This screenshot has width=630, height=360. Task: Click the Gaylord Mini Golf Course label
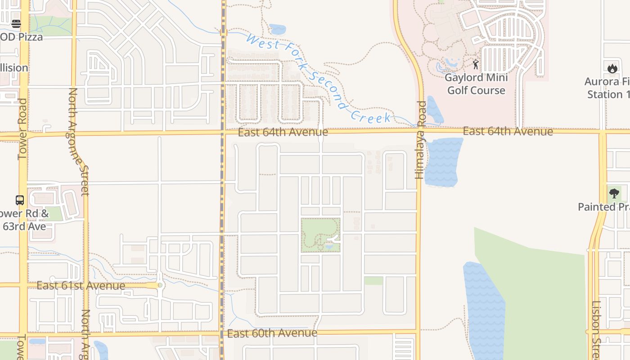click(x=476, y=84)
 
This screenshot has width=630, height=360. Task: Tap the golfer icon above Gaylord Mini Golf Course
click(x=476, y=64)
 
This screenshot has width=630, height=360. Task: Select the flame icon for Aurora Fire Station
click(x=612, y=68)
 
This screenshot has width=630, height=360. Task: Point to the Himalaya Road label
click(x=420, y=140)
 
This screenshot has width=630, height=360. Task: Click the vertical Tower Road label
click(x=22, y=129)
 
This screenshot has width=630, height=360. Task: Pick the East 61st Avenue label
click(x=81, y=286)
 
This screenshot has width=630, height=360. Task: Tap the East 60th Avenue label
click(x=272, y=333)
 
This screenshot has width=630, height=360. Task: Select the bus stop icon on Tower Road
click(x=20, y=200)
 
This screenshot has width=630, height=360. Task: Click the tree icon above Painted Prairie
click(x=614, y=194)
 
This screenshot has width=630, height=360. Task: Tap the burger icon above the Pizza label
click(x=16, y=24)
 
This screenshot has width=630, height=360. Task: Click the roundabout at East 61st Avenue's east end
click(x=160, y=285)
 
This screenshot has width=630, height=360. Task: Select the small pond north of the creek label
click(x=278, y=30)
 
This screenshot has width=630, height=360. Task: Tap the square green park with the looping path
click(x=320, y=235)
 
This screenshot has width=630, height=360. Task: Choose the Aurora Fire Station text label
click(x=607, y=88)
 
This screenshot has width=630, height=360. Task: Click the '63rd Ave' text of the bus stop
click(x=24, y=226)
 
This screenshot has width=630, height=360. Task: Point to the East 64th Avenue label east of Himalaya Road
click(x=508, y=131)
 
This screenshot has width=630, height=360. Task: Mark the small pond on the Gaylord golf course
click(x=450, y=62)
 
